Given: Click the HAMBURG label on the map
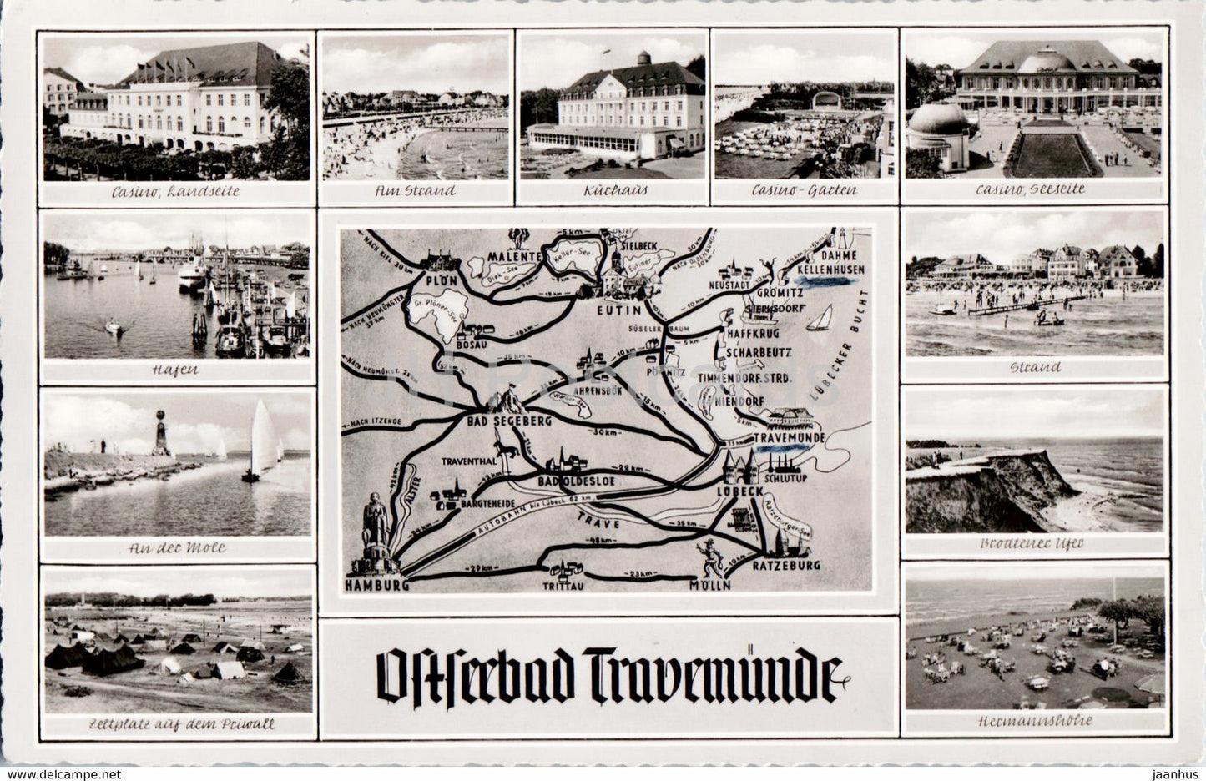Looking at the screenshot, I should (376, 585).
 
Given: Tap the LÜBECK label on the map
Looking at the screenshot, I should (739, 491).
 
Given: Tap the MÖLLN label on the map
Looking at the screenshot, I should (710, 585).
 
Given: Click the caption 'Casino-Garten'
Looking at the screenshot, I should (804, 190).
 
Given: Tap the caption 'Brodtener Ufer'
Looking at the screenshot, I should (1034, 543).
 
